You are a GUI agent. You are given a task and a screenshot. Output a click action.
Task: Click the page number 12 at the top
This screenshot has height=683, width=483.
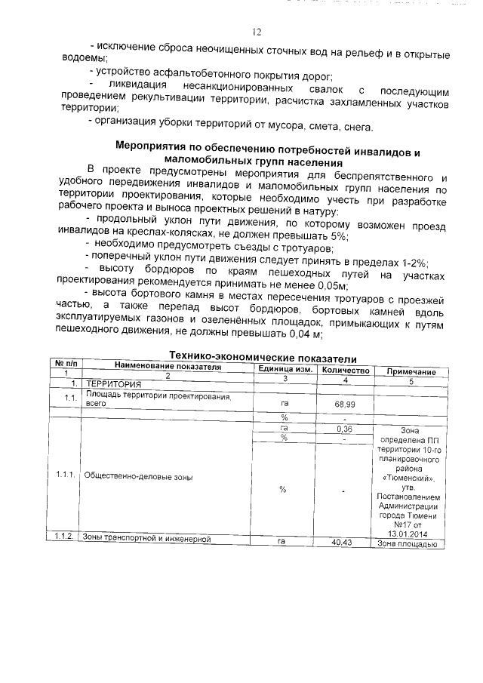pos(256,32)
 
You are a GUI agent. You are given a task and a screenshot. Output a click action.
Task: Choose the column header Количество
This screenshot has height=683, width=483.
pos(345,371)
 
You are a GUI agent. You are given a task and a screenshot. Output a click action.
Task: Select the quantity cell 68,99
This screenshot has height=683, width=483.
pos(345,405)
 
